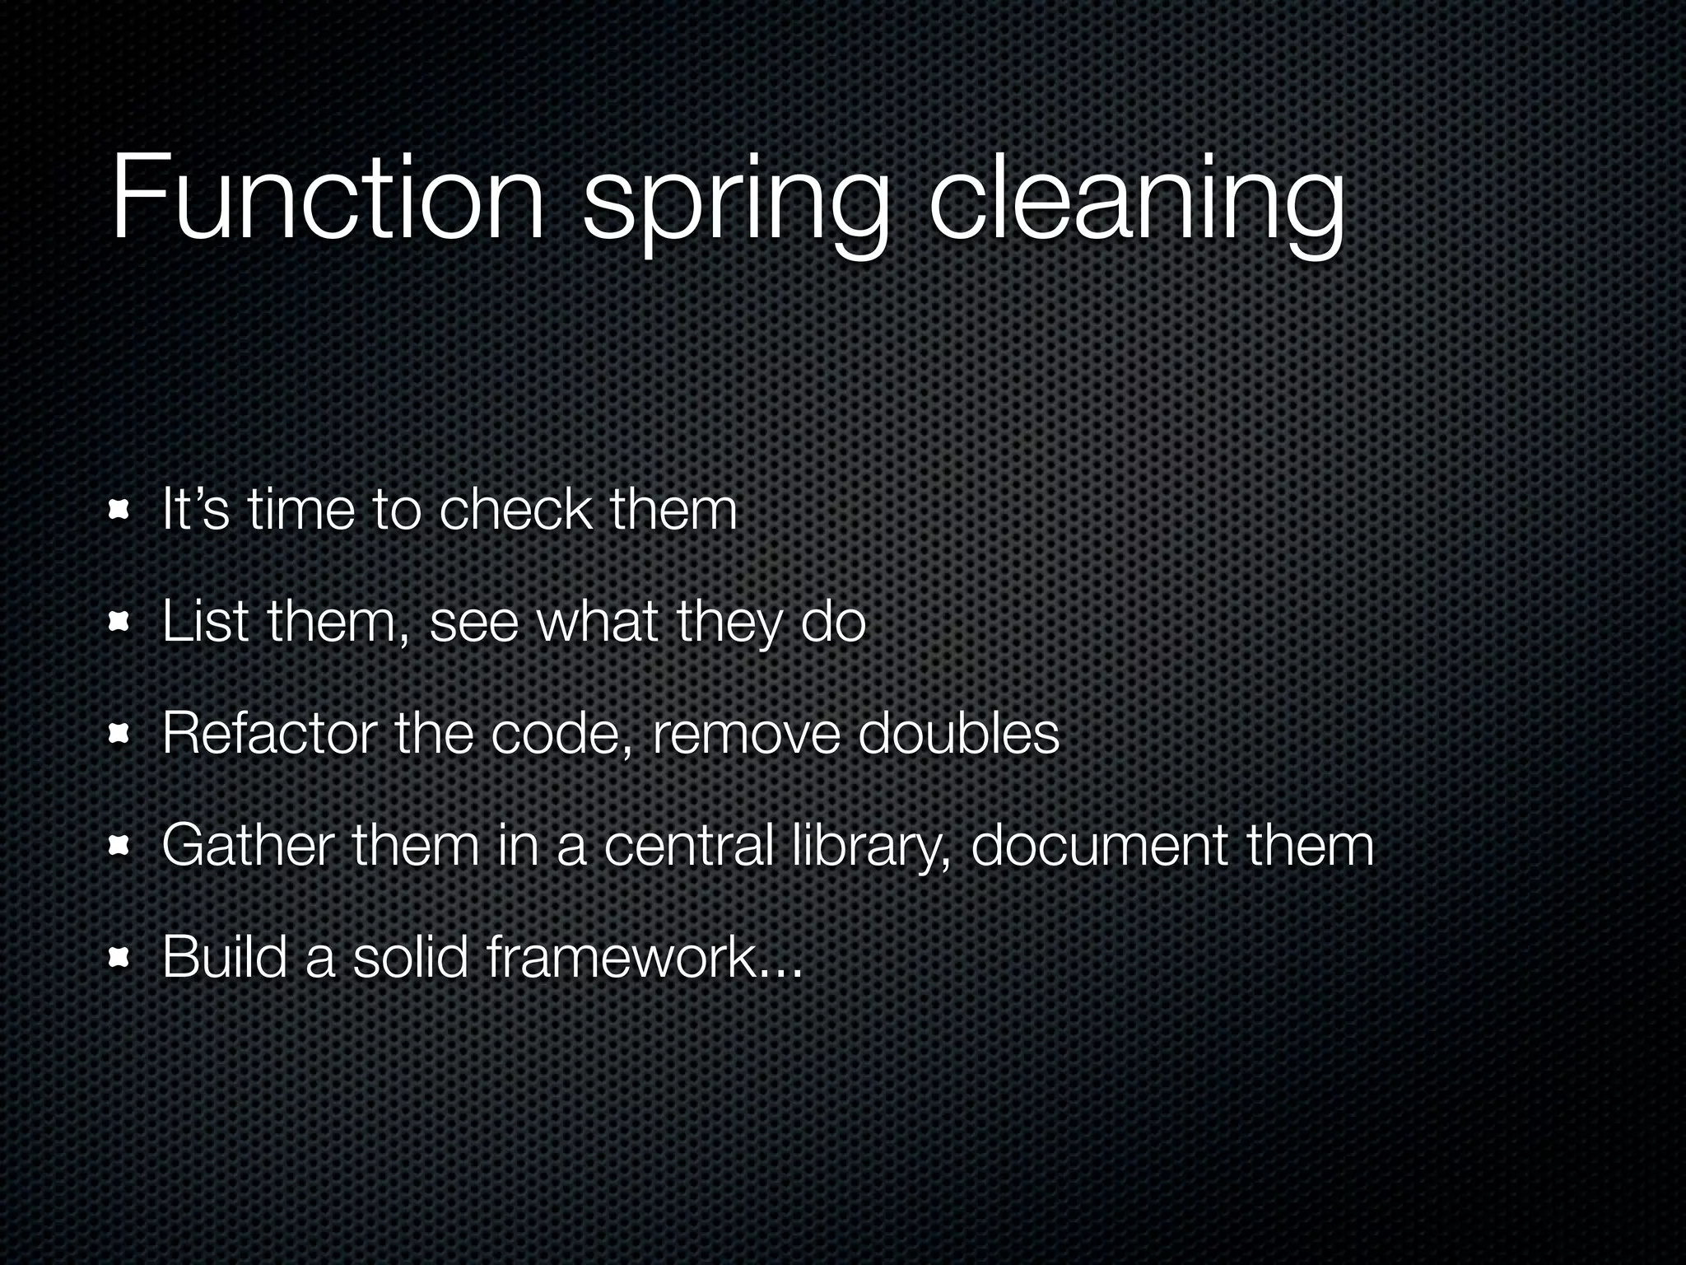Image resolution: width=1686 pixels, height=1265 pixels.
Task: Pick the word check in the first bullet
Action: click(515, 510)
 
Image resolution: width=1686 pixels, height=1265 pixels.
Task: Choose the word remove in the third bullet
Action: click(746, 735)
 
